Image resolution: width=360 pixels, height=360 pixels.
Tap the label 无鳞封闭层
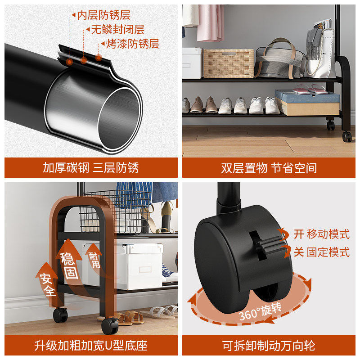[x=117, y=30]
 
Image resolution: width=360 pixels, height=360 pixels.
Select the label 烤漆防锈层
[x=133, y=44]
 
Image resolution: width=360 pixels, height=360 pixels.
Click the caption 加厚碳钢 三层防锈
[x=91, y=168]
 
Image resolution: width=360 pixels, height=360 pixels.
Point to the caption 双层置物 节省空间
[x=269, y=168]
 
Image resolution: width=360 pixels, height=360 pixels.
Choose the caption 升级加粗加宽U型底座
[x=91, y=346]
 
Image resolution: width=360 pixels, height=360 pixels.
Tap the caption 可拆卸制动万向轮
[x=269, y=346]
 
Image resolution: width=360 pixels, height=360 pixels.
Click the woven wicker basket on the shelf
[x=228, y=63]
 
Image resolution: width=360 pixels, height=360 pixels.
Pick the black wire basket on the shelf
[x=118, y=209]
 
